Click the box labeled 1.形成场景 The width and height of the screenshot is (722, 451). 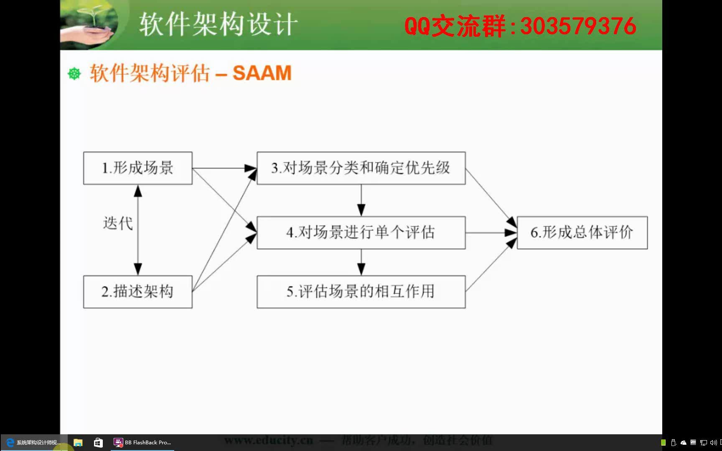137,168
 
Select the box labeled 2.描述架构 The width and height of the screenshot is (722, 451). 137,291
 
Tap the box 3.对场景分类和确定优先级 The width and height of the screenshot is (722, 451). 361,168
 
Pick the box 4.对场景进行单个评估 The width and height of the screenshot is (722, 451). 361,232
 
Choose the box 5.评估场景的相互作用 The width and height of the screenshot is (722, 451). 361,291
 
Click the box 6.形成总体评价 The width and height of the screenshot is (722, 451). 582,232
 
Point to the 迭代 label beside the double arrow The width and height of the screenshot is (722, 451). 118,223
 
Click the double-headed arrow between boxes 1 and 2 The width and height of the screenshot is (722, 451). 138,230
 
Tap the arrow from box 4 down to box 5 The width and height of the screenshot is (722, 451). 361,262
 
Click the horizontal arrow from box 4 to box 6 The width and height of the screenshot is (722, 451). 491,233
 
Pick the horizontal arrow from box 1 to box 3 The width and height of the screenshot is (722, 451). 224,168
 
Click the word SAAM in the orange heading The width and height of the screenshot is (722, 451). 262,73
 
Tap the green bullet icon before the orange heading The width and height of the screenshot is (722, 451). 74,73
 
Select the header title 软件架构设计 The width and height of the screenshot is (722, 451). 218,24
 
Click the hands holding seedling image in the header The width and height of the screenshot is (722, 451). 89,24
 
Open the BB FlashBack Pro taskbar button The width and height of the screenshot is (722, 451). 142,442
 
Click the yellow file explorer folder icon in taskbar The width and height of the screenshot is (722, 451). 78,442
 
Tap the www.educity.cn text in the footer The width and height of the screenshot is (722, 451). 268,440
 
